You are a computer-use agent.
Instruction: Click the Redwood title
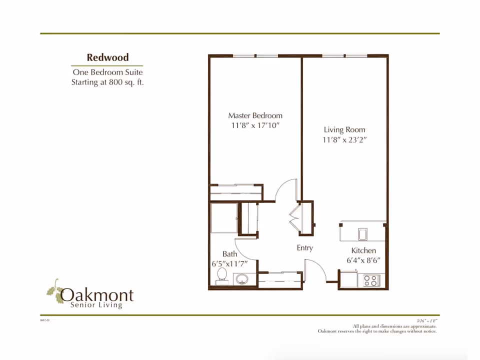point(107,57)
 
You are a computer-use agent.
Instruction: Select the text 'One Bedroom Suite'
point(107,72)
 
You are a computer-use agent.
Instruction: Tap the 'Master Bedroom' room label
point(255,115)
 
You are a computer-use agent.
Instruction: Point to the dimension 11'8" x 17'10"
point(255,125)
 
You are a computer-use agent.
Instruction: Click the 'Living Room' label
point(344,130)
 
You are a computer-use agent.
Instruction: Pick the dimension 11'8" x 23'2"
point(344,140)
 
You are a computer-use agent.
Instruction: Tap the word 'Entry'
point(304,248)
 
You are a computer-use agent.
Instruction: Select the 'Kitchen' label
point(363,250)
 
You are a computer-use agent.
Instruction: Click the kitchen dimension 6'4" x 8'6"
point(367,260)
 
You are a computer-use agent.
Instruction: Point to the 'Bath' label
point(230,254)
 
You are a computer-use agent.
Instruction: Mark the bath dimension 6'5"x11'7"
point(229,263)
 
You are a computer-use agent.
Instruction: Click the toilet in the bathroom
point(221,276)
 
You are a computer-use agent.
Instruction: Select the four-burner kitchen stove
point(370,280)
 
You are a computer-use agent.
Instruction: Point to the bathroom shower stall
point(223,217)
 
